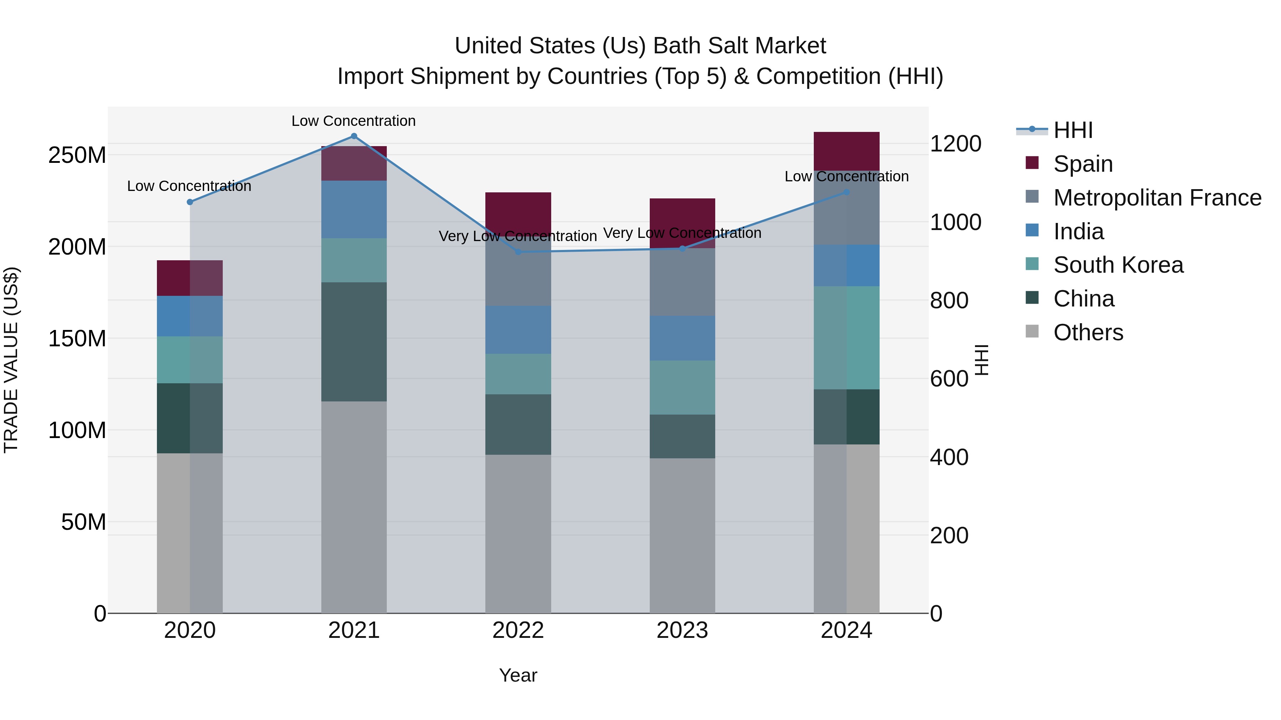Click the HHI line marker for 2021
(x=354, y=136)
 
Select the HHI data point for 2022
(x=518, y=252)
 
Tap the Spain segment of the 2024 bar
(x=847, y=151)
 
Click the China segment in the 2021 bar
(x=354, y=341)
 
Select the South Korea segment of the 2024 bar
(x=847, y=337)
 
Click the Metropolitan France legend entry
(x=1157, y=198)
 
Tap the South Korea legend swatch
(x=1032, y=264)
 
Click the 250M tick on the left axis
(x=77, y=155)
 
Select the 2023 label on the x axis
(x=682, y=630)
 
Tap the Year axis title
(x=518, y=675)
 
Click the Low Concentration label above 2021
(x=354, y=121)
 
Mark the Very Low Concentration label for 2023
(x=682, y=233)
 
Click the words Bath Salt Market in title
(x=739, y=46)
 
